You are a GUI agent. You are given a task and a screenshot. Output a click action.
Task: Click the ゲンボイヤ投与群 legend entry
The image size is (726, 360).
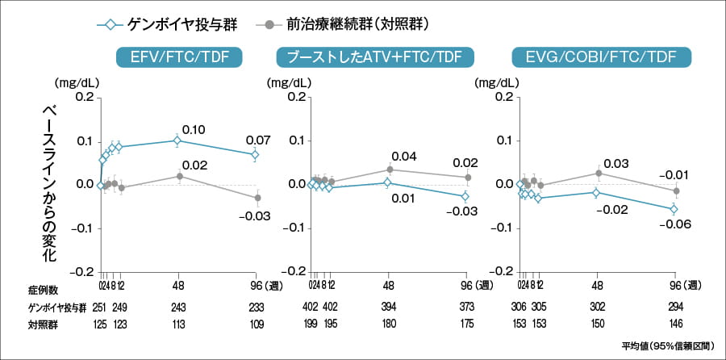click(173, 23)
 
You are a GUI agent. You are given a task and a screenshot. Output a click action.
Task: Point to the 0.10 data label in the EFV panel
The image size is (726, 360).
click(194, 129)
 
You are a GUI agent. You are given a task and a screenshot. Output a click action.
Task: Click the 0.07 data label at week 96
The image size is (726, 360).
click(259, 139)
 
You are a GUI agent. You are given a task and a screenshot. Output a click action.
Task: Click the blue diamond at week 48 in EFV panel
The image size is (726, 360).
click(177, 140)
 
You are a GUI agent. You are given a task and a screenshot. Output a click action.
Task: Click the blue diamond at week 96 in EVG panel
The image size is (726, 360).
click(674, 209)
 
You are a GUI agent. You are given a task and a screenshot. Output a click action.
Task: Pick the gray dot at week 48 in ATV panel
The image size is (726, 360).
click(390, 170)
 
